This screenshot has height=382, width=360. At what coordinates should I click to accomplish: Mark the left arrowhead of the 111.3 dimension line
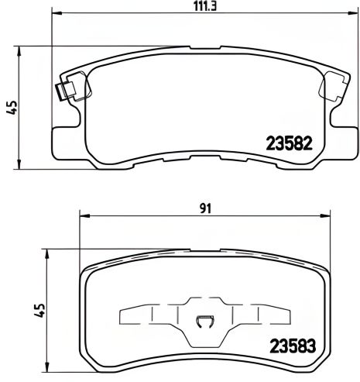pos(57,15)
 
